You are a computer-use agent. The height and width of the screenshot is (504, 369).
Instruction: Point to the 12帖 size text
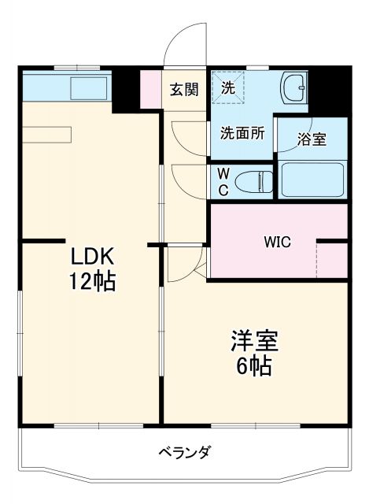(x=94, y=281)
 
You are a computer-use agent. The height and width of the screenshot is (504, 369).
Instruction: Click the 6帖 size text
(x=253, y=366)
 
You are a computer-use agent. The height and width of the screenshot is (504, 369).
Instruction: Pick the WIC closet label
(x=276, y=242)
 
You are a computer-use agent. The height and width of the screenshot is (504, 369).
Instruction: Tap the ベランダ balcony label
(x=184, y=453)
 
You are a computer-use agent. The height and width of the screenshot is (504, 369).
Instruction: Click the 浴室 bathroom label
(x=312, y=139)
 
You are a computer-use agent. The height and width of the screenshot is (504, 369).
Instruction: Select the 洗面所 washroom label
(x=242, y=134)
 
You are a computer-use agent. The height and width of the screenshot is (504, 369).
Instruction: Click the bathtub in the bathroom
(x=313, y=180)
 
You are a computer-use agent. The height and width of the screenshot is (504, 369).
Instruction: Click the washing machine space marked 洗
(x=228, y=87)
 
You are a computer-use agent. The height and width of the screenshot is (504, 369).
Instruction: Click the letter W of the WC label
(x=223, y=172)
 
